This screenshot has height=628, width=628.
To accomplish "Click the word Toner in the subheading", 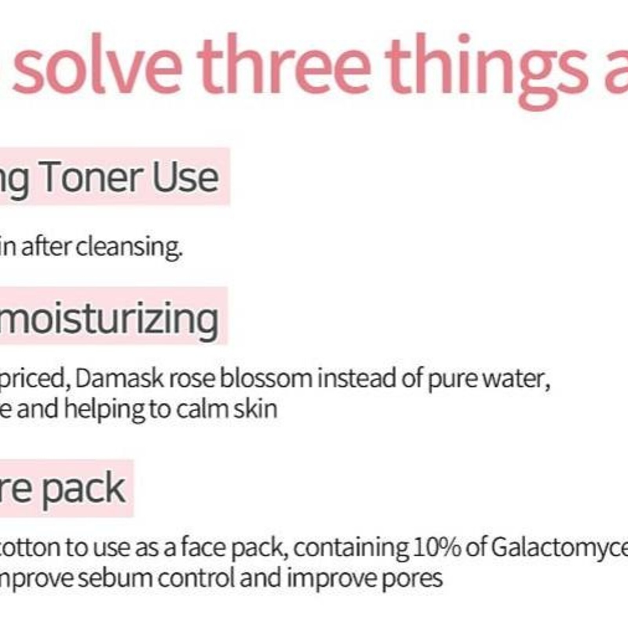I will coord(91,178).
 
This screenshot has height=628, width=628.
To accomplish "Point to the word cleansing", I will coord(129,247).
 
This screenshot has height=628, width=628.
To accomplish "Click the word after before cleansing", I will coord(46,247).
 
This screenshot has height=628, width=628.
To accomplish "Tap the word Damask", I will coord(119,378).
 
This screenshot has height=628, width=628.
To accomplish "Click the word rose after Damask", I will coord(192,379).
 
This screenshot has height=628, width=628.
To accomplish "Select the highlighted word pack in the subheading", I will coord(84,488).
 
